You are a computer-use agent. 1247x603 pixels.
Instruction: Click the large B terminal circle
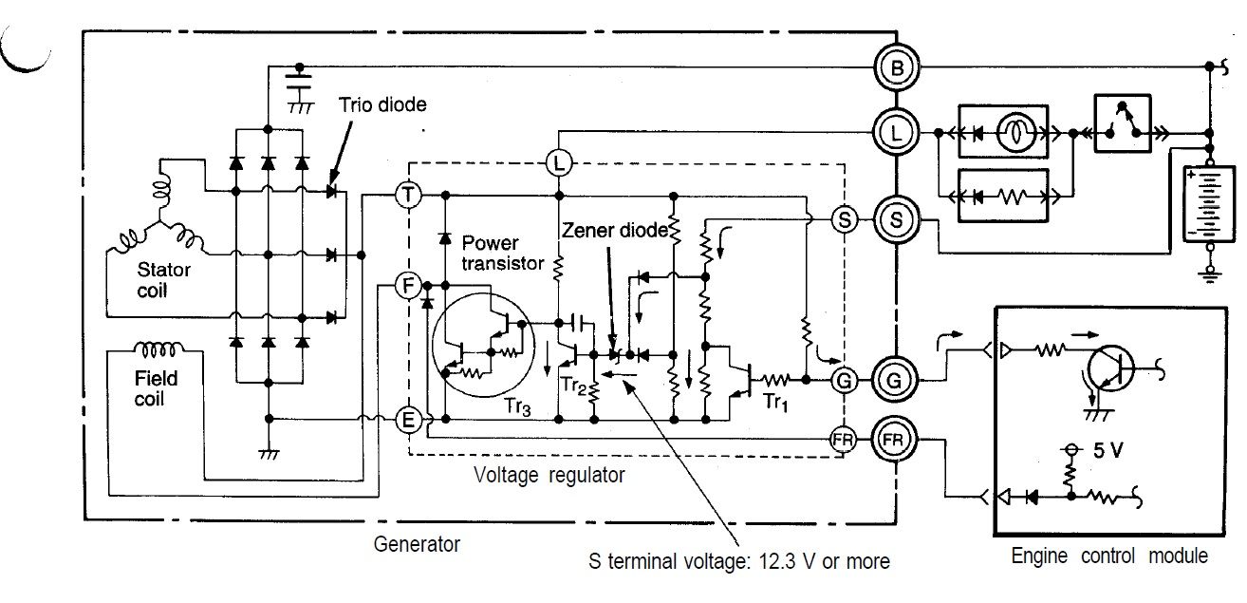pyautogui.click(x=896, y=67)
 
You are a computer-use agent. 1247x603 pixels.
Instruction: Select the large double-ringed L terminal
pyautogui.click(x=896, y=133)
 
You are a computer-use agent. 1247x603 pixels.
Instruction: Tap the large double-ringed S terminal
pyautogui.click(x=896, y=219)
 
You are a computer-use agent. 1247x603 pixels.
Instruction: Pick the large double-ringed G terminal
pyautogui.click(x=894, y=381)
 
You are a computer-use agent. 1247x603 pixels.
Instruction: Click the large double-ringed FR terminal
pyautogui.click(x=894, y=440)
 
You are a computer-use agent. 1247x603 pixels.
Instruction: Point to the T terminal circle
pyautogui.click(x=409, y=195)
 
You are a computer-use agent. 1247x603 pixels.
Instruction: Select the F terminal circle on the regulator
pyautogui.click(x=409, y=285)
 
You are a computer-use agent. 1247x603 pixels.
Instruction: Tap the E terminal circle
pyautogui.click(x=409, y=419)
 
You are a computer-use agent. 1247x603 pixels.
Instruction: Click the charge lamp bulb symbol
pyautogui.click(x=1016, y=133)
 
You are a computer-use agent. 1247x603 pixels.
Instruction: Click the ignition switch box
pyautogui.click(x=1123, y=123)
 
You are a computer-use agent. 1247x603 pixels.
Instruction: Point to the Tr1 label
pyautogui.click(x=775, y=402)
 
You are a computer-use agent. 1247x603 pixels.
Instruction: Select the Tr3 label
pyautogui.click(x=518, y=406)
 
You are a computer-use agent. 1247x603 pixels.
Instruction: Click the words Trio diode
pyautogui.click(x=383, y=104)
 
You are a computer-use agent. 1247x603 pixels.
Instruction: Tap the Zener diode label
pyautogui.click(x=615, y=230)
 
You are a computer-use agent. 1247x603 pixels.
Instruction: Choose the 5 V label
pyautogui.click(x=1107, y=450)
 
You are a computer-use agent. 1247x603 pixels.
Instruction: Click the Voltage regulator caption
pyautogui.click(x=549, y=476)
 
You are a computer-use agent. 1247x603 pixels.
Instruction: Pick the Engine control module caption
pyautogui.click(x=1109, y=556)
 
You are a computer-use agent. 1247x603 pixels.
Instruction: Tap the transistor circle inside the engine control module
pyautogui.click(x=1109, y=369)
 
